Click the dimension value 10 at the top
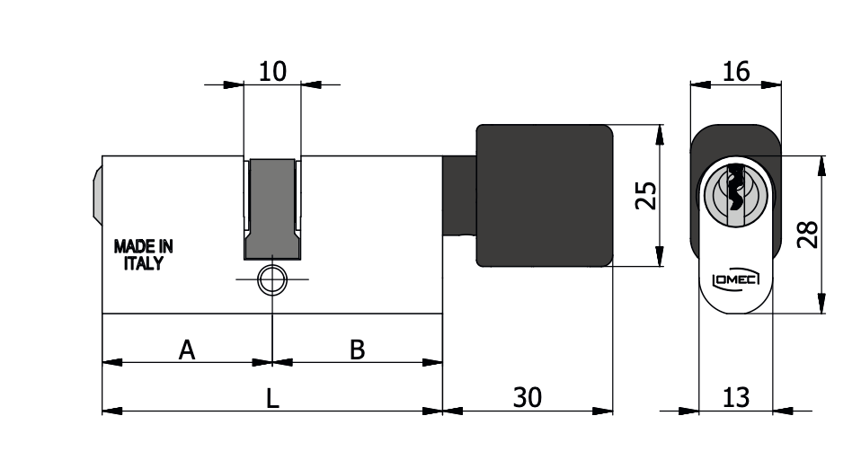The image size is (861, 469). pyautogui.click(x=272, y=71)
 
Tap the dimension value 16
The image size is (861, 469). pyautogui.click(x=736, y=71)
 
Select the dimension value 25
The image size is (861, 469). pyautogui.click(x=645, y=196)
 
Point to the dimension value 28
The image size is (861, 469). pyautogui.click(x=807, y=234)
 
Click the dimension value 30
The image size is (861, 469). pyautogui.click(x=528, y=397)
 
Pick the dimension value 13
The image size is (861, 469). pyautogui.click(x=736, y=397)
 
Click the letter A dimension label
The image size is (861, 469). pyautogui.click(x=187, y=350)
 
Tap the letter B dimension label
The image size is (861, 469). pyautogui.click(x=358, y=350)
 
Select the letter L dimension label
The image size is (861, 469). pyautogui.click(x=272, y=398)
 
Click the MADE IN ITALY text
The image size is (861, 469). pyautogui.click(x=143, y=255)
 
